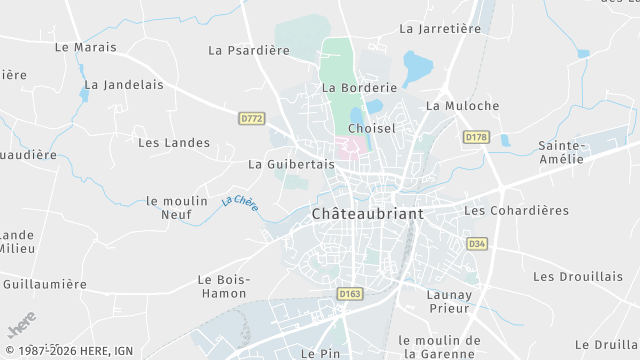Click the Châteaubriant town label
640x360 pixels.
point(367,214)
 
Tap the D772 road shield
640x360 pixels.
point(252,118)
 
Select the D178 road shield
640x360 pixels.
point(475,136)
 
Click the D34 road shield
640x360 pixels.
point(477,243)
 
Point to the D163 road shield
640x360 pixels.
point(349,294)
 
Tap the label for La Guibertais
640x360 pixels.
point(290,164)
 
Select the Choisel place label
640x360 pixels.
point(372,129)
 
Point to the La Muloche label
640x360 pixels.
point(462,105)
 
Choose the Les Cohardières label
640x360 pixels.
point(516,211)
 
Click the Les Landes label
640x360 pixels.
point(174,143)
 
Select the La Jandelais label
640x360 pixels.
point(124,85)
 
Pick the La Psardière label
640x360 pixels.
point(241,50)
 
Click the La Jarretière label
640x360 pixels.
point(440,29)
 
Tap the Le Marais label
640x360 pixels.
point(86,47)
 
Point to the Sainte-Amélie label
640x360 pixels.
point(560,152)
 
